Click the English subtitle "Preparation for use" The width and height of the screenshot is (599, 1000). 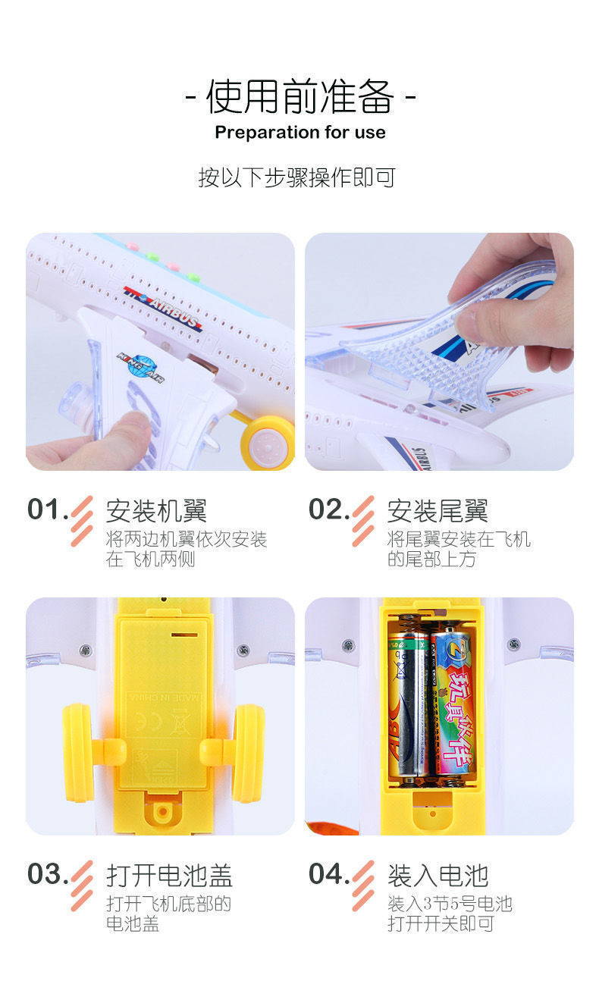[x=299, y=133]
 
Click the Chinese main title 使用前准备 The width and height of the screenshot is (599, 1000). [x=299, y=97]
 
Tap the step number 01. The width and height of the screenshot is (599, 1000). [x=47, y=509]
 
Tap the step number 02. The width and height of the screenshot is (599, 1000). [x=328, y=509]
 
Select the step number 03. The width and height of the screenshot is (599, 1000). [x=48, y=873]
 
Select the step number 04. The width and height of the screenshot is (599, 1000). [x=328, y=873]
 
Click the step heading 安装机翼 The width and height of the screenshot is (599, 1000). [x=156, y=511]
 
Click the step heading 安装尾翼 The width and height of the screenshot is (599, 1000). [x=437, y=511]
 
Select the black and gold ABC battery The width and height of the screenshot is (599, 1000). [x=409, y=705]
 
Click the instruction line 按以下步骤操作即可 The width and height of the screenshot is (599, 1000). [x=297, y=177]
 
